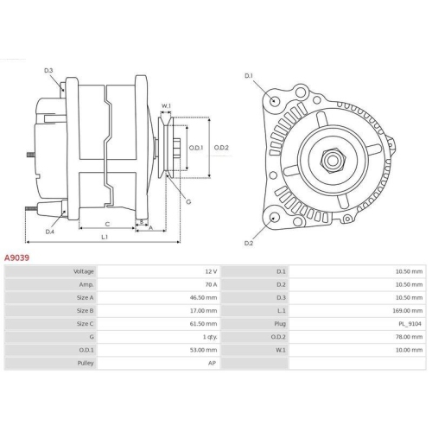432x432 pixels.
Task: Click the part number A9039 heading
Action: pos(18,257)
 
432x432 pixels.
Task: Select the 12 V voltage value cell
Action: pos(211,271)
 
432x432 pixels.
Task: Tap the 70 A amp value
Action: pos(211,284)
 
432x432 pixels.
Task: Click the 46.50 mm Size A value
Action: pos(204,297)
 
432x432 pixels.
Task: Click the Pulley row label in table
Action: pos(84,363)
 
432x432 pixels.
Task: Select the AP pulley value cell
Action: pos(213,363)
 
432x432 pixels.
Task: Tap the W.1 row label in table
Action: pos(280,350)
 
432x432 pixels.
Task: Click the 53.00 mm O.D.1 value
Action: pos(204,350)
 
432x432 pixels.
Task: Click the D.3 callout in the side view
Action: pos(49,70)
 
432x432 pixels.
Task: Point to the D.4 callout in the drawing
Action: pos(50,232)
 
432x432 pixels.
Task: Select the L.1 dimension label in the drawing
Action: pos(105,237)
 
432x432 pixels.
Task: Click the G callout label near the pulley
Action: pos(188,202)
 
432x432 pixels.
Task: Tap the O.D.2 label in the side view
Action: pos(222,148)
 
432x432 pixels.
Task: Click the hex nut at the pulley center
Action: pos(330,160)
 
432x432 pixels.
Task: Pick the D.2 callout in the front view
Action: pos(248,244)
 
